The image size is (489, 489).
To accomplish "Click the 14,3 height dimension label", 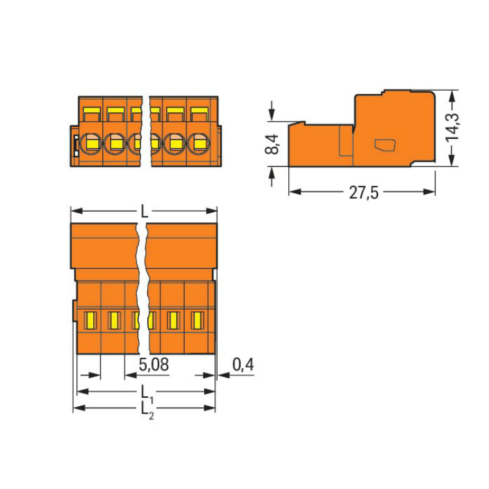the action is [453, 127].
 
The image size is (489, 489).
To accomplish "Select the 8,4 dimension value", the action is [272, 144].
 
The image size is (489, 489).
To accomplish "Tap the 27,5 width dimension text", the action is [364, 193].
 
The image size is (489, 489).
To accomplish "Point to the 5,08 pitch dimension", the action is [154, 364].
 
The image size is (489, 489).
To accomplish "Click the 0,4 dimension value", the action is [243, 364].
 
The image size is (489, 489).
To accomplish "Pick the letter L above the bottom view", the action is [144, 212].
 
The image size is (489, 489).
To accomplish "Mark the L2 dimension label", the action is [147, 410].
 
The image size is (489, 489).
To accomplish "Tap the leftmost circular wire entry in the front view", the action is [91, 143].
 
